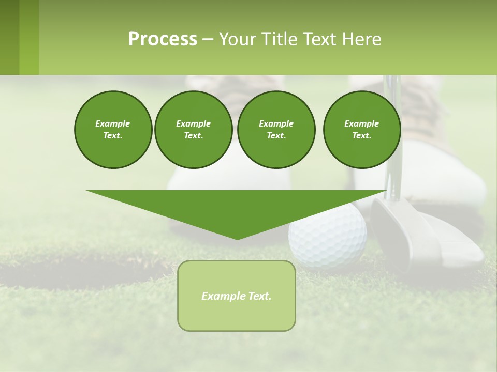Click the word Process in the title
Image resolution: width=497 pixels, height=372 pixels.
click(163, 39)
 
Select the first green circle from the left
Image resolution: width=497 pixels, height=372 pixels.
click(113, 129)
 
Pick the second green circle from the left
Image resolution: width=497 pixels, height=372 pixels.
click(193, 129)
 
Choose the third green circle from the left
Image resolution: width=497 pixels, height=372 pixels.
click(276, 129)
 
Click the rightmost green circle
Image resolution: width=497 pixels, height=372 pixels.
click(361, 129)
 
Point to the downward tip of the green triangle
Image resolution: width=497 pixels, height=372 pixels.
click(237, 238)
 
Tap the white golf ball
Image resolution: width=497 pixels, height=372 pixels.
click(327, 235)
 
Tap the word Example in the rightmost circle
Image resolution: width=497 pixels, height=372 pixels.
click(361, 123)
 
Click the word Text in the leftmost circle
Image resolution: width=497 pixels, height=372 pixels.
click(113, 135)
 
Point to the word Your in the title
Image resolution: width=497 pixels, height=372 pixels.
click(237, 39)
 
